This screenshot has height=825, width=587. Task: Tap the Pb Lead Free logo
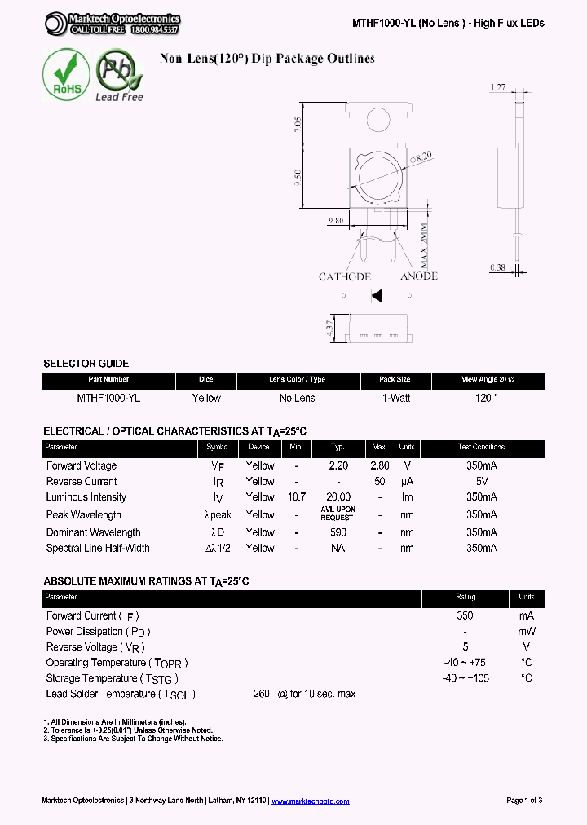point(118,75)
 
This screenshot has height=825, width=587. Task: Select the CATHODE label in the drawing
point(345,277)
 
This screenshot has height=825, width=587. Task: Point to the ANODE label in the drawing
point(419,276)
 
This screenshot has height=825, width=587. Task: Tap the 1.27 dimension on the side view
point(498,86)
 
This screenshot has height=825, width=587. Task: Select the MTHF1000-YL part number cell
point(108,398)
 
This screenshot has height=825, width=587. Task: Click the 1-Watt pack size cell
point(395,398)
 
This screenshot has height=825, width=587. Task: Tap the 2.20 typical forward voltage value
point(338,465)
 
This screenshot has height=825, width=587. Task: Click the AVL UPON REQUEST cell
point(338,514)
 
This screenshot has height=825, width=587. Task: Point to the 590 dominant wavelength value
point(338,532)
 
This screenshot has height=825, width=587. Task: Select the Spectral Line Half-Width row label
point(98,549)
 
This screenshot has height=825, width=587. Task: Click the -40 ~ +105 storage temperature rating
point(466,678)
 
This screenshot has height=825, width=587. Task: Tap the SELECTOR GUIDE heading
point(86,363)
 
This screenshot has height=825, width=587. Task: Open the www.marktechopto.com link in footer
point(310,801)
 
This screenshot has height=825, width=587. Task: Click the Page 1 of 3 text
point(524,801)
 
